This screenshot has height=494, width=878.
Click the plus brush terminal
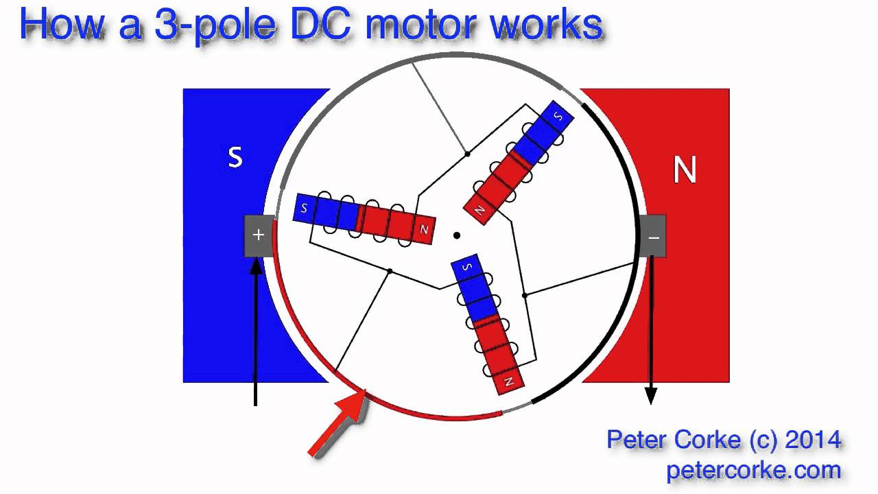pyautogui.click(x=259, y=236)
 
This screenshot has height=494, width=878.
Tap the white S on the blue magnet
pyautogui.click(x=235, y=158)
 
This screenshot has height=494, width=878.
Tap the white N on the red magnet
pyautogui.click(x=685, y=169)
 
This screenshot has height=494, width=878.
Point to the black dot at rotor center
pyautogui.click(x=456, y=236)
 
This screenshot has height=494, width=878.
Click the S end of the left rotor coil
pyautogui.click(x=304, y=208)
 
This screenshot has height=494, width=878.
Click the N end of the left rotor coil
pyautogui.click(x=424, y=231)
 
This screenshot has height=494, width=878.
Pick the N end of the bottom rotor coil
pyautogui.click(x=509, y=381)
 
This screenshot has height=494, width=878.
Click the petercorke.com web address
pyautogui.click(x=753, y=471)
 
